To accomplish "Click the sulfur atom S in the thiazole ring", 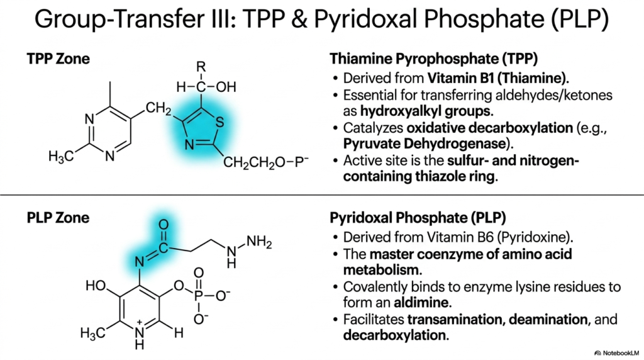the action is click(219, 122).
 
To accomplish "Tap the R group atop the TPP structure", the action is click(201, 67).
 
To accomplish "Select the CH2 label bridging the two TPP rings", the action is click(158, 108).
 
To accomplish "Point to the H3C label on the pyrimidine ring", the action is click(61, 157).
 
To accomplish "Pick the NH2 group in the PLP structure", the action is click(259, 242).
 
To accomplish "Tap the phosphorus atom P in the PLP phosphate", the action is click(199, 295).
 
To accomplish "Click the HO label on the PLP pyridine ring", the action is click(96, 285).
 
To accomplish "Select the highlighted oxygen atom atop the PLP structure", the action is click(164, 225).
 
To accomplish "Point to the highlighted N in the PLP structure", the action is click(140, 261).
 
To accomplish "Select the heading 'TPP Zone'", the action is click(58, 59).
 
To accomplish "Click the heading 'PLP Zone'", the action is click(58, 218).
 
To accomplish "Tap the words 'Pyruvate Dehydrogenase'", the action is click(425, 144).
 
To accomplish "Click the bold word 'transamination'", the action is click(456, 319).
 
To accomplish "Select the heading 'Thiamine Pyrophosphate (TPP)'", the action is click(434, 59).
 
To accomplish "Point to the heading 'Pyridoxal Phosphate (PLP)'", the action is click(418, 218).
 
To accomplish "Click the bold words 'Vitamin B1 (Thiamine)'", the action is click(497, 78).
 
